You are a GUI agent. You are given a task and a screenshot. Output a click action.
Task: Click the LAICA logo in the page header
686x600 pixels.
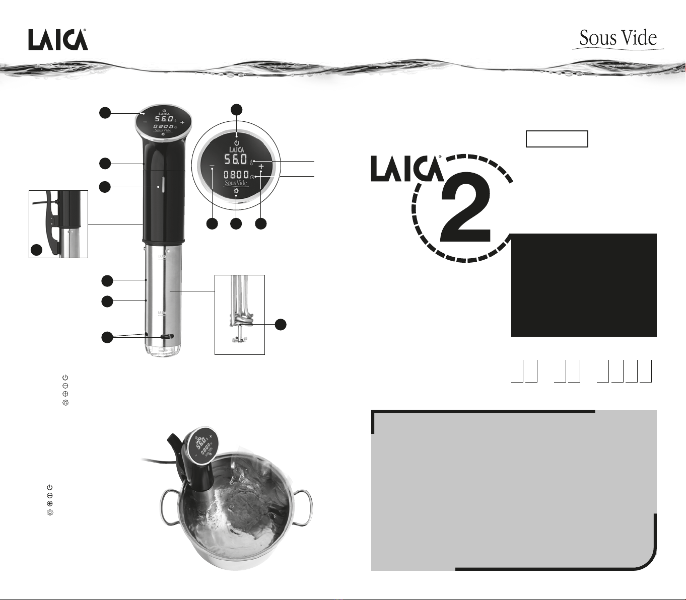(58, 40)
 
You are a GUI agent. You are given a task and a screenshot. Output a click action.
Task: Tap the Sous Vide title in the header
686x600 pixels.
(618, 38)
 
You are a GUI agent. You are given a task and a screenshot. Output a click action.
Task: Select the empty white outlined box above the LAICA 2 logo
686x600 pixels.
(557, 139)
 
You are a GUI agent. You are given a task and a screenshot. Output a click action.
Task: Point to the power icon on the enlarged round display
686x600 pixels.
(237, 143)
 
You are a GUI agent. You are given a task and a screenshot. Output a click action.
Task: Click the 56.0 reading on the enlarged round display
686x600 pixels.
(235, 160)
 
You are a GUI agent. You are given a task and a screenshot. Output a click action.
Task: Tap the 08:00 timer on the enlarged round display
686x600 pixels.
(236, 175)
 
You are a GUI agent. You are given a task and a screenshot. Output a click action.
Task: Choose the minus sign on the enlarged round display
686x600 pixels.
(212, 166)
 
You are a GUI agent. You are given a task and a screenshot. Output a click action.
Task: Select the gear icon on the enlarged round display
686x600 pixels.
(236, 191)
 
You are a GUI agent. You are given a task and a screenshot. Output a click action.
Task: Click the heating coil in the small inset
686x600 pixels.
(240, 320)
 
